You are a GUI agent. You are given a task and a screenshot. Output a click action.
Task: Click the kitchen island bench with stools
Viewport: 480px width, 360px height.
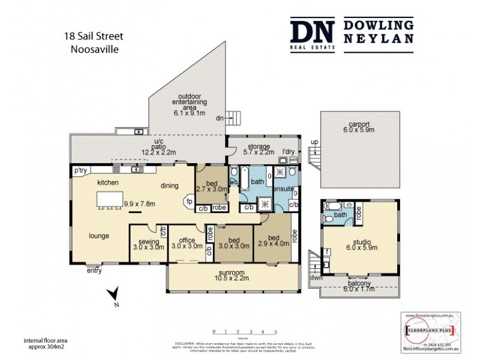click(112, 199)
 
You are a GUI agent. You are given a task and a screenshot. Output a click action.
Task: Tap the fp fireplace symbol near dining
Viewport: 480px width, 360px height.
click(189, 202)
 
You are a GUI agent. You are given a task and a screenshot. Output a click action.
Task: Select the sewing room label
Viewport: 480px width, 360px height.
click(148, 242)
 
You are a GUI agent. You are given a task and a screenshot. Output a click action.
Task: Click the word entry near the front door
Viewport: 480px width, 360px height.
click(94, 271)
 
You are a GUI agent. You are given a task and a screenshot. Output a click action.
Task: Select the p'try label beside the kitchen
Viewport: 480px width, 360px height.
click(81, 170)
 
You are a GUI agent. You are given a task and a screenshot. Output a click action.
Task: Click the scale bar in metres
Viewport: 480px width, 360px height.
click(245, 331)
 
